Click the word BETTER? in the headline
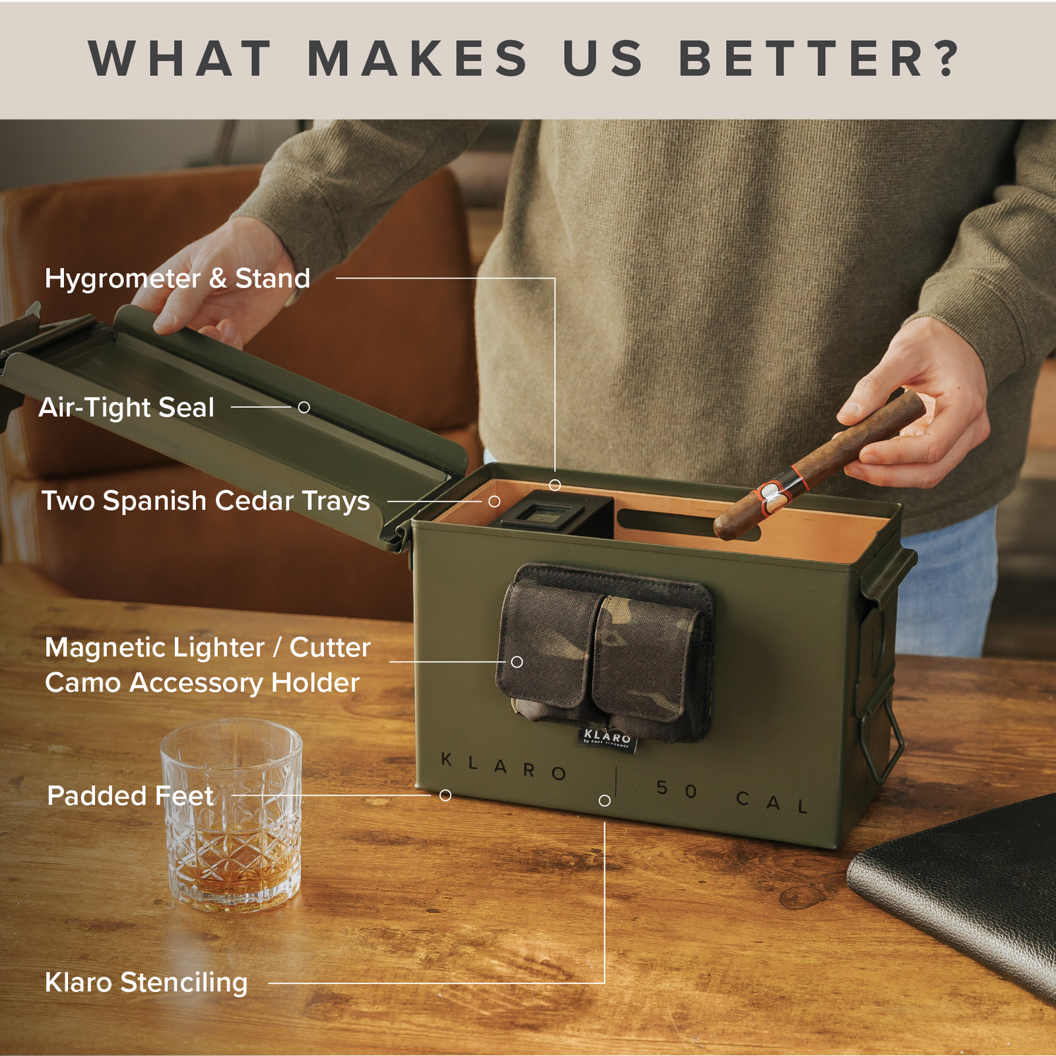pyautogui.click(x=818, y=59)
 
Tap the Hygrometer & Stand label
pyautogui.click(x=177, y=279)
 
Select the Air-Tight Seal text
pyautogui.click(x=127, y=407)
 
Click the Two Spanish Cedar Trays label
pyautogui.click(x=205, y=501)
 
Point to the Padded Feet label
pyautogui.click(x=130, y=796)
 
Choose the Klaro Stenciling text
pyautogui.click(x=146, y=983)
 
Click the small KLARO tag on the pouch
pyautogui.click(x=607, y=737)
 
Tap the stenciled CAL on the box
pyautogui.click(x=772, y=803)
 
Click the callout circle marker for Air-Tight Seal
pyautogui.click(x=304, y=407)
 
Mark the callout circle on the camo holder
pyautogui.click(x=517, y=661)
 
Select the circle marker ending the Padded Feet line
pyautogui.click(x=445, y=795)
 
